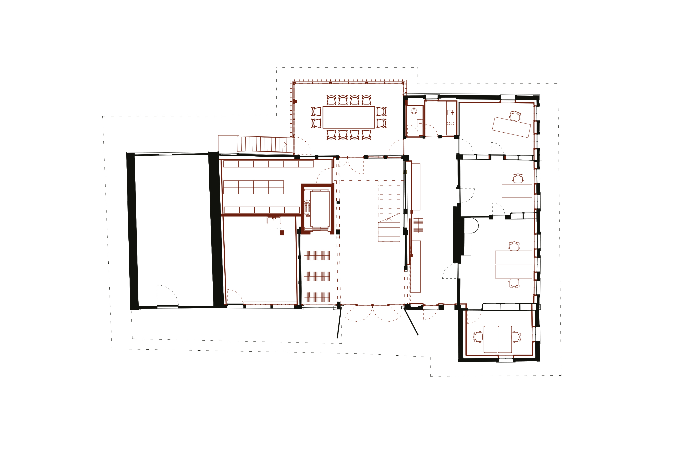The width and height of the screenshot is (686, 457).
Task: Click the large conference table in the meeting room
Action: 348,117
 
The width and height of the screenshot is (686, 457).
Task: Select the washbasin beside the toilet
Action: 420,122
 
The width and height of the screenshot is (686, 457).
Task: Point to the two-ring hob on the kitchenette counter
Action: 450,123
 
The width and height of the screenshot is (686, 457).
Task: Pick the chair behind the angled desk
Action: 515,115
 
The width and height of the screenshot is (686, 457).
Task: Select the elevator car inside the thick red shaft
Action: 320,209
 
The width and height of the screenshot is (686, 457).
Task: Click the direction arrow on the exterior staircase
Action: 285,144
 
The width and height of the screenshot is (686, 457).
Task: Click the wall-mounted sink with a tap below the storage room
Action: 274,220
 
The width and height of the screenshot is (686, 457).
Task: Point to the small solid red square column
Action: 282,233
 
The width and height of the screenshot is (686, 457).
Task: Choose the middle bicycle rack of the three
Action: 317,276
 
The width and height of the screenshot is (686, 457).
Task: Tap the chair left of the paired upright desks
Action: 478,337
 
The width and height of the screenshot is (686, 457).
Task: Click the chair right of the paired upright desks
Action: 516,337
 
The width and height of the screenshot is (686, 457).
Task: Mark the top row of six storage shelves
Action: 268,164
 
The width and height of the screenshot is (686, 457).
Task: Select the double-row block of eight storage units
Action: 253,187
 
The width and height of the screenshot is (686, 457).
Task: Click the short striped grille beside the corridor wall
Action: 418,225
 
